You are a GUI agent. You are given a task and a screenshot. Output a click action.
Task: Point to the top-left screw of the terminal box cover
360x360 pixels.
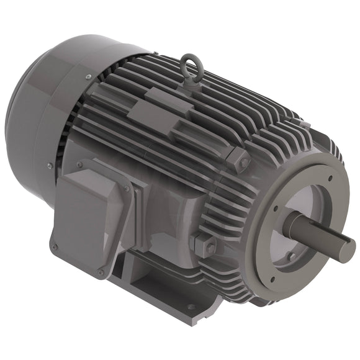[79, 164]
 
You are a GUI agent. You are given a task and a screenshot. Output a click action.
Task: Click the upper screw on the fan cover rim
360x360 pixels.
[88, 77]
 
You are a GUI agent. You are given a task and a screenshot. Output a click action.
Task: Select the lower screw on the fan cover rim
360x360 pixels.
[49, 165]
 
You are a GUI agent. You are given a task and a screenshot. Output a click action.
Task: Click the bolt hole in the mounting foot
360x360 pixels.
[191, 307]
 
